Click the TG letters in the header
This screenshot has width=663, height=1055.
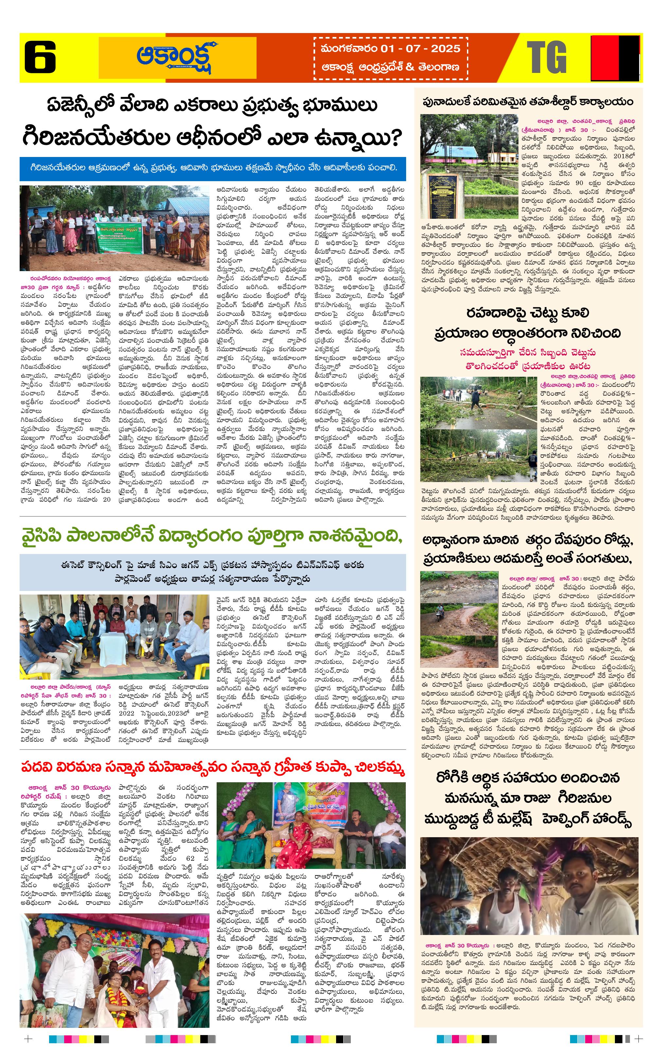547,58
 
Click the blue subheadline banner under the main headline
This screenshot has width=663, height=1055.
213,168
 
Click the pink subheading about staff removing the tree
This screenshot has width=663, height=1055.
528,358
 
